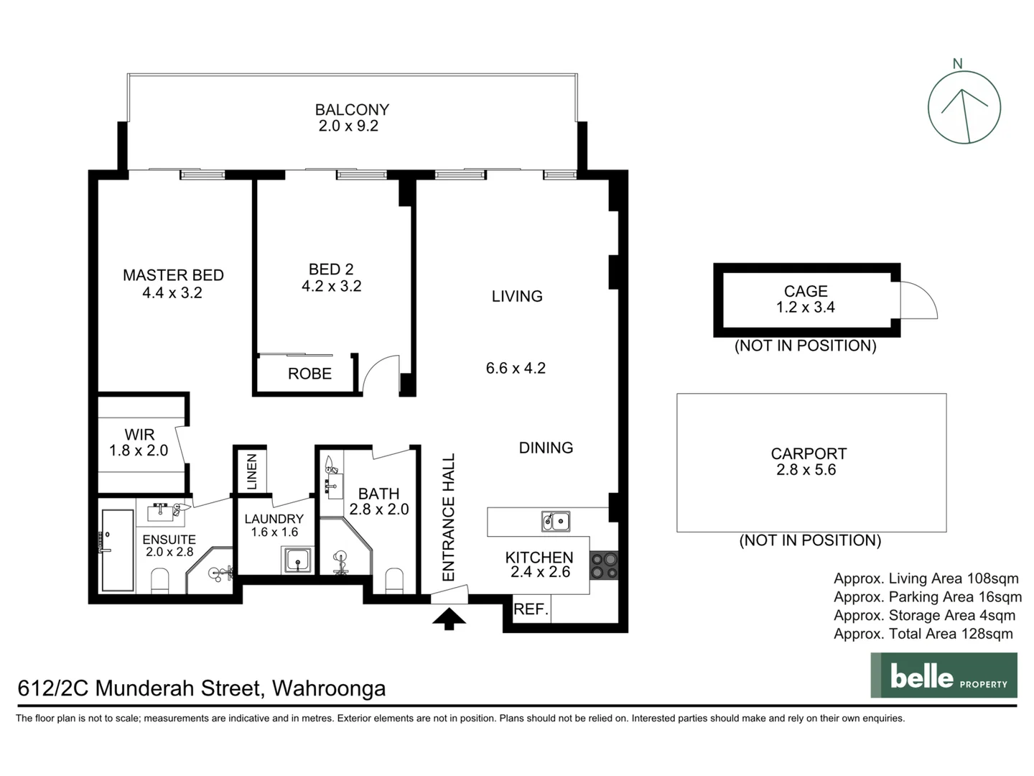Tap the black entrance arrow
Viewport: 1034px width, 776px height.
coord(449,619)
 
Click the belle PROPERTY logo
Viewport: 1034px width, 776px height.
coord(944,675)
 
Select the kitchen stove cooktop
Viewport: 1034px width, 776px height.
coord(603,565)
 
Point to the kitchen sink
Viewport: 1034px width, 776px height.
coord(556,521)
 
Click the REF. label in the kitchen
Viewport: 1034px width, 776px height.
coord(531,609)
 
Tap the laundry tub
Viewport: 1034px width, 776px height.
coord(297,560)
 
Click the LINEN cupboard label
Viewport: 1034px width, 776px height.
coord(251,471)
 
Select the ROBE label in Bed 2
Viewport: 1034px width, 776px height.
coord(309,374)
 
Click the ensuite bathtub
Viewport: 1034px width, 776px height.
coord(117,550)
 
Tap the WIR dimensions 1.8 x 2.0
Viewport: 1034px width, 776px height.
coord(139,451)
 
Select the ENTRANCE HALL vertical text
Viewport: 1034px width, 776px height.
coord(449,517)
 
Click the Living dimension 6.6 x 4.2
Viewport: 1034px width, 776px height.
coord(516,369)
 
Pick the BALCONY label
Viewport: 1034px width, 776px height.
coord(352,110)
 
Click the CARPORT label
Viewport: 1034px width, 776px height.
coord(809,454)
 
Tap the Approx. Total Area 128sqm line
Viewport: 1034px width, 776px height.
coord(923,634)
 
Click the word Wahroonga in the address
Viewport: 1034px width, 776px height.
coord(329,688)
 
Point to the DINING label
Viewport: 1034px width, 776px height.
coord(546,448)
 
